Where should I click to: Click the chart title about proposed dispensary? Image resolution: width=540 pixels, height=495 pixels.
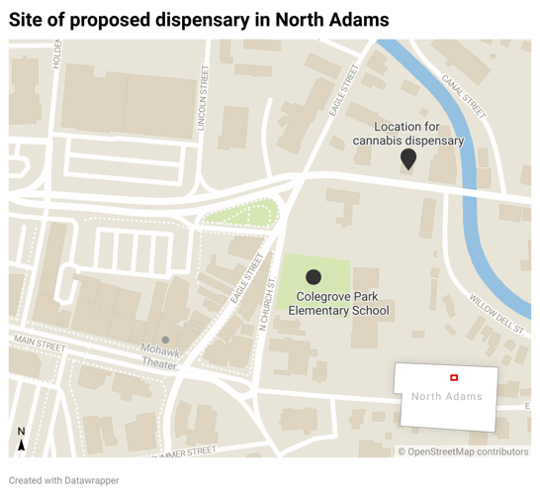tap(199, 19)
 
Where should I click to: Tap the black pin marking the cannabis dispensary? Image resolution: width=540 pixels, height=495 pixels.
tap(407, 159)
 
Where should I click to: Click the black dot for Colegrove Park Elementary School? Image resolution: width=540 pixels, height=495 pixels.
tap(314, 277)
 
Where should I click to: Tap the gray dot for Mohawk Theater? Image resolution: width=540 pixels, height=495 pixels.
tap(166, 340)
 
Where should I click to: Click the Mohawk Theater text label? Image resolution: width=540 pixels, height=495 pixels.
tap(158, 357)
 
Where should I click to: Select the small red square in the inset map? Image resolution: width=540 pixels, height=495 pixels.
tap(454, 377)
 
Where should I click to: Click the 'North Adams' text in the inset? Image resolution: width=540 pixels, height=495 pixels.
tap(446, 396)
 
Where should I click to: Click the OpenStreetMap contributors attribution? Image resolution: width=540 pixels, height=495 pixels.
tap(463, 451)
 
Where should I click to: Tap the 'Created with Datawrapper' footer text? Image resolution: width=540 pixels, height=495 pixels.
tap(64, 480)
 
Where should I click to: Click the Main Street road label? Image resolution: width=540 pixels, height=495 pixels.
tap(39, 346)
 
